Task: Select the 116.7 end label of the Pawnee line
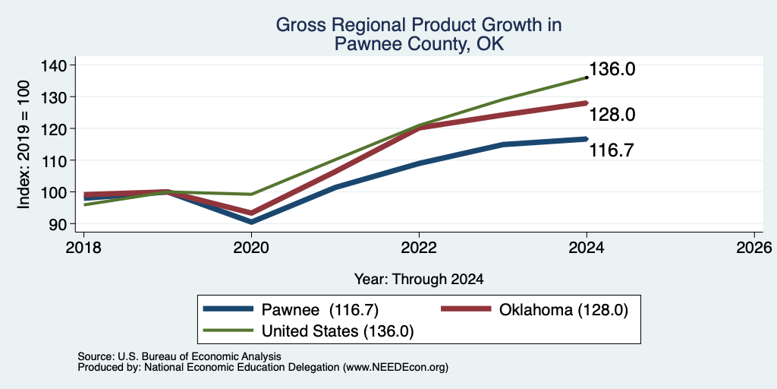[612, 150]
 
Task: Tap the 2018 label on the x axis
[83, 248]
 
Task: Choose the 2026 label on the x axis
[754, 248]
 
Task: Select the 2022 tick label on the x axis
[419, 248]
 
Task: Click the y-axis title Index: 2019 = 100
[24, 144]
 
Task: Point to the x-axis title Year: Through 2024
[419, 280]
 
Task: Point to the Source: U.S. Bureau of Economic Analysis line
[179, 356]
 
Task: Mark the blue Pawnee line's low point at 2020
[251, 222]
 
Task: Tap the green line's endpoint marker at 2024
[587, 77]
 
